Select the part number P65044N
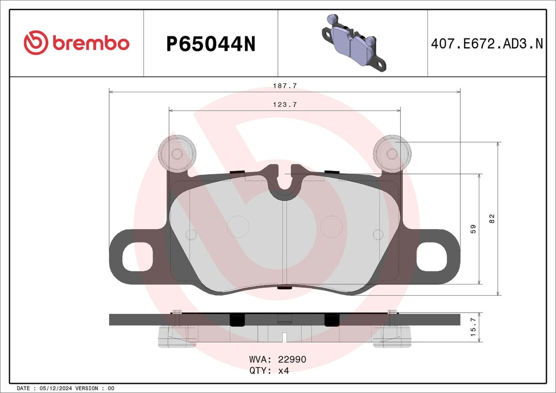tap(210, 44)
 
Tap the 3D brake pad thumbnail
tap(353, 43)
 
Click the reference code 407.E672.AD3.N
tap(486, 44)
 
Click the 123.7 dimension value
tap(285, 105)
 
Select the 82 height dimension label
tap(492, 219)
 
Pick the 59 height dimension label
tap(473, 229)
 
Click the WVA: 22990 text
tap(277, 359)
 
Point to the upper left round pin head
tap(177, 152)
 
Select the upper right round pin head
tap(391, 153)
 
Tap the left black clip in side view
tap(237, 320)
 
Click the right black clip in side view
tap(331, 320)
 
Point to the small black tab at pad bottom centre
tap(285, 288)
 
